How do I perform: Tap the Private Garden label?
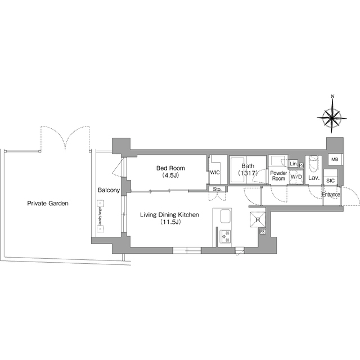click(x=48, y=204)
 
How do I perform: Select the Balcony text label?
click(x=109, y=191)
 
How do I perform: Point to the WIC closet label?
click(x=214, y=173)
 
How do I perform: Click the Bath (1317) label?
click(x=247, y=169)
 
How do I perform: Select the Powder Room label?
click(x=278, y=175)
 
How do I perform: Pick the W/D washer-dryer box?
click(x=296, y=177)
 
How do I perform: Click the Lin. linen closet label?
click(x=293, y=164)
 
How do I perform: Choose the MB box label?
click(x=334, y=160)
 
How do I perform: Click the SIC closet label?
click(x=330, y=181)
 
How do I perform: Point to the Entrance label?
click(x=331, y=195)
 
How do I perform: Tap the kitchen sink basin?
click(x=224, y=217)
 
